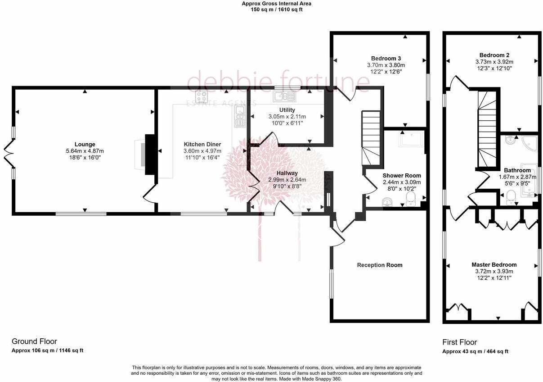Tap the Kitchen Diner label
tap(202, 144)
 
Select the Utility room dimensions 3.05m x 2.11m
tap(287, 116)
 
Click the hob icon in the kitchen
tap(201, 97)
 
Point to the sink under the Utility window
tap(283, 96)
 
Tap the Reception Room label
tap(379, 265)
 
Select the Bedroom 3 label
tap(386, 58)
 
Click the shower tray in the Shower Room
tap(410, 141)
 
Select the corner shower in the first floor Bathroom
tap(526, 144)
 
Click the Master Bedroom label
tap(494, 264)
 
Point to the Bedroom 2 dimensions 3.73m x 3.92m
tap(494, 62)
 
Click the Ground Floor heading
tap(34, 341)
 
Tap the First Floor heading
tap(459, 342)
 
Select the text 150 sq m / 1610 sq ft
tap(277, 9)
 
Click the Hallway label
tap(287, 173)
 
